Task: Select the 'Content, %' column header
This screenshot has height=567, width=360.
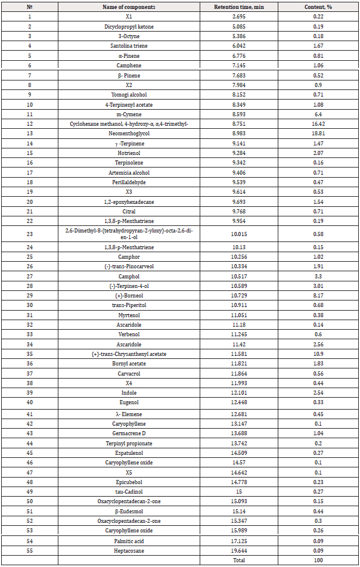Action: click(318, 5)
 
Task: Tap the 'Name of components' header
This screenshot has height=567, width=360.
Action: click(129, 5)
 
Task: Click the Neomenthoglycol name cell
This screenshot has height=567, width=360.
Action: click(129, 134)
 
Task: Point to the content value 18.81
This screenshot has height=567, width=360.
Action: click(318, 134)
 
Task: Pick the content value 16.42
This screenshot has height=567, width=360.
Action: click(318, 123)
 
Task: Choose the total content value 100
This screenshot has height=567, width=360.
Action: click(318, 560)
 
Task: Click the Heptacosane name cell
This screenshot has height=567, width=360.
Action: click(129, 550)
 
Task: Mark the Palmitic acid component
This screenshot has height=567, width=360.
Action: click(129, 541)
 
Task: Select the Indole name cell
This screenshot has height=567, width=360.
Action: click(129, 394)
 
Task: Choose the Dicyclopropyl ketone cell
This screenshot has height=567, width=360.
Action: click(129, 27)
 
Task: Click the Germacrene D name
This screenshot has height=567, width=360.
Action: click(129, 432)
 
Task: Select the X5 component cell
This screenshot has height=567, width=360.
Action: click(129, 472)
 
